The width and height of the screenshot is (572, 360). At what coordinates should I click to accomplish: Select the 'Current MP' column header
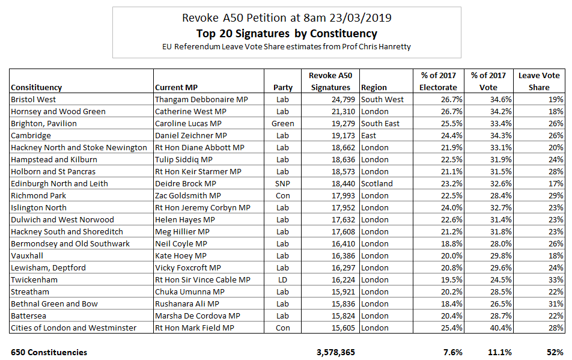(x=178, y=87)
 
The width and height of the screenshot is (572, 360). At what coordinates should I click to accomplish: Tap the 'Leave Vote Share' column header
(x=539, y=81)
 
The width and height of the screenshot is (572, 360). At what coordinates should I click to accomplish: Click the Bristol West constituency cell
(x=34, y=99)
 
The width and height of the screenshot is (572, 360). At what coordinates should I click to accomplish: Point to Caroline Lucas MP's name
(x=190, y=123)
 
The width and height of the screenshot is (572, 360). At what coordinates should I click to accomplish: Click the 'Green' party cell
(x=282, y=123)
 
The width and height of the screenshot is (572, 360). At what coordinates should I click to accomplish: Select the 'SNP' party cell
(x=282, y=183)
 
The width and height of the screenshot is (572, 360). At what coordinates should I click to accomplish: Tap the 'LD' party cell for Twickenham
(x=282, y=279)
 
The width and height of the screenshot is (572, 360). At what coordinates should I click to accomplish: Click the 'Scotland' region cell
(x=377, y=183)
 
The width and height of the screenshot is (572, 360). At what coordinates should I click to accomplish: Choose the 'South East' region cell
(x=382, y=123)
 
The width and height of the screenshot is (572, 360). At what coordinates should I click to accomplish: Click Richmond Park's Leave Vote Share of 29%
(x=556, y=195)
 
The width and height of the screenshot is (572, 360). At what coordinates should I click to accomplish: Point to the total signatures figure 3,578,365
(x=333, y=352)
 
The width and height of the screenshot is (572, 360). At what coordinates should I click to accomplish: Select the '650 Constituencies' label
(x=49, y=352)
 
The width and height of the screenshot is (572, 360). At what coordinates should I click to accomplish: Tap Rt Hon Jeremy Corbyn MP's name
(x=202, y=207)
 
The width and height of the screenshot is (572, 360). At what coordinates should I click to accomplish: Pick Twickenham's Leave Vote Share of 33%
(x=556, y=279)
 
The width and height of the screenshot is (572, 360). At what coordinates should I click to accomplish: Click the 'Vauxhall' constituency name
(x=28, y=255)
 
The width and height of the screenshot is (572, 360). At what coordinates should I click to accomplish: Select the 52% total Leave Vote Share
(x=556, y=352)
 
